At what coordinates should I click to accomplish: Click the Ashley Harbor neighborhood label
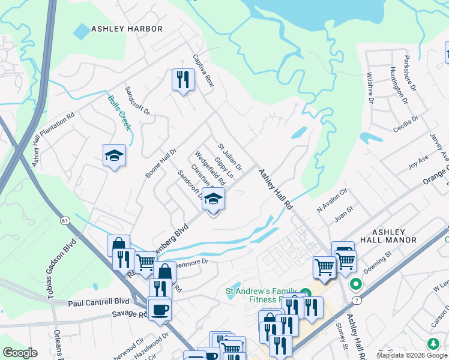coord(127,29)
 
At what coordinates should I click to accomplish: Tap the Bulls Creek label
coord(119,113)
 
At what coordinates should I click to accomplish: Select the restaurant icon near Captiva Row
coord(183,79)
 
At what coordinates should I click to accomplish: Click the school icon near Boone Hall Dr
coord(114,156)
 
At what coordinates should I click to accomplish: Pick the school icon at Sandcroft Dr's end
coord(212,199)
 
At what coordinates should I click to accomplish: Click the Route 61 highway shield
coord(64,221)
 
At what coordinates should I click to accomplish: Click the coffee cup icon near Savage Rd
coord(159,310)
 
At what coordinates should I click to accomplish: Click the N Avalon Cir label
coord(332,202)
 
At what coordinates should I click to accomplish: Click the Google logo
coord(20,353)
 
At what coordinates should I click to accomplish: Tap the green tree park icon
coord(433,344)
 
